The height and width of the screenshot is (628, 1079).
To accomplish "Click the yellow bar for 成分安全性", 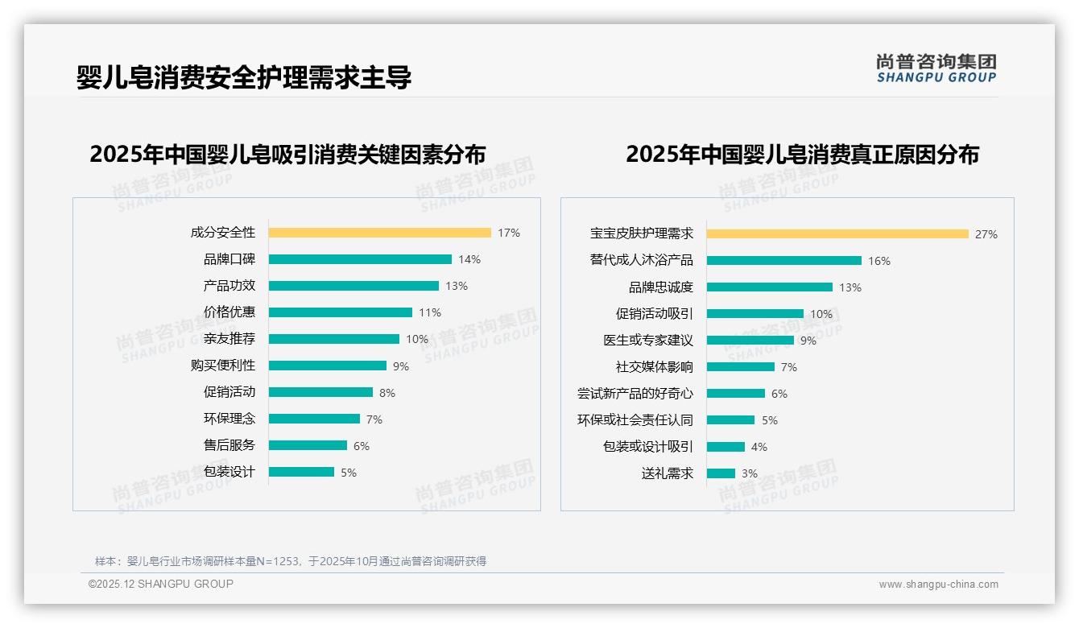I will (379, 233).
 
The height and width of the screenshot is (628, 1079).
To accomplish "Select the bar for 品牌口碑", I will (360, 259).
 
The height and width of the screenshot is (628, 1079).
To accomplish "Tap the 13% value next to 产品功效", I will (457, 286).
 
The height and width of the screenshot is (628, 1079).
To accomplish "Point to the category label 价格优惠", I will (229, 312).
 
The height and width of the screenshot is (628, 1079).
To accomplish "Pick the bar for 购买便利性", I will (327, 366).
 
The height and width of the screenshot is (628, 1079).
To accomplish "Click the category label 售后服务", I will (229, 445).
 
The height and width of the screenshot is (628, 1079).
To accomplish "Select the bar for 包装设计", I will (301, 472).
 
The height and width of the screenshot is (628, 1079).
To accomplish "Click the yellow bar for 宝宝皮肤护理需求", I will (837, 234).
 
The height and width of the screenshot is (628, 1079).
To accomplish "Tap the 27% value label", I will (986, 234).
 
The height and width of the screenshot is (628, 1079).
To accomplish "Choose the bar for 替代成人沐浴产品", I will (783, 261).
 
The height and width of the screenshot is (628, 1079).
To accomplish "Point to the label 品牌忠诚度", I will (660, 287).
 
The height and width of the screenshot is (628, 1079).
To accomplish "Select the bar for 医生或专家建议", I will (750, 341).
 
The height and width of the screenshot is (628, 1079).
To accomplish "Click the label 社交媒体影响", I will (654, 367).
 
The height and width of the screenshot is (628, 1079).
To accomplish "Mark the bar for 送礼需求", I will (721, 473).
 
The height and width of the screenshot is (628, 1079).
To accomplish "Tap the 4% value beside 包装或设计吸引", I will (759, 447).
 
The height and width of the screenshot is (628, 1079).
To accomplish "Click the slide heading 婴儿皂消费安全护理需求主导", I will (244, 77).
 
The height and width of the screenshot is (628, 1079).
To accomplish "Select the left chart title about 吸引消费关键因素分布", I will (287, 155).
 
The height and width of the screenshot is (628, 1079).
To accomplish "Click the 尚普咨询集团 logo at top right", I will (936, 68).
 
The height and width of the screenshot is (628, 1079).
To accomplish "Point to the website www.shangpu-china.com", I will (938, 585).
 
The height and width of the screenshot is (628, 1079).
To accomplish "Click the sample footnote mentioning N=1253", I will (291, 561).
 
